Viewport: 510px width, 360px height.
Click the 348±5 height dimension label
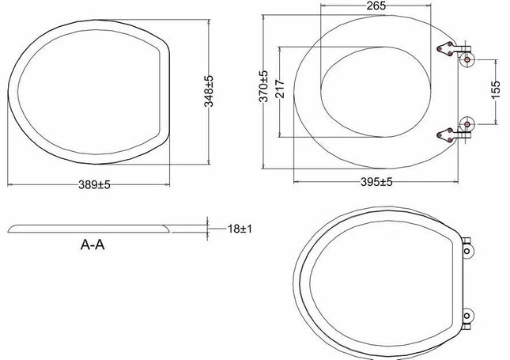[209, 91]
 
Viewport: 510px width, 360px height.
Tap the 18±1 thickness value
[240, 228]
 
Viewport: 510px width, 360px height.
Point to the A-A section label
[93, 245]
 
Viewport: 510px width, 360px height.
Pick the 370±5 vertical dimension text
[265, 86]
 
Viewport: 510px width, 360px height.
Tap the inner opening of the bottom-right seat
[380, 282]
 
